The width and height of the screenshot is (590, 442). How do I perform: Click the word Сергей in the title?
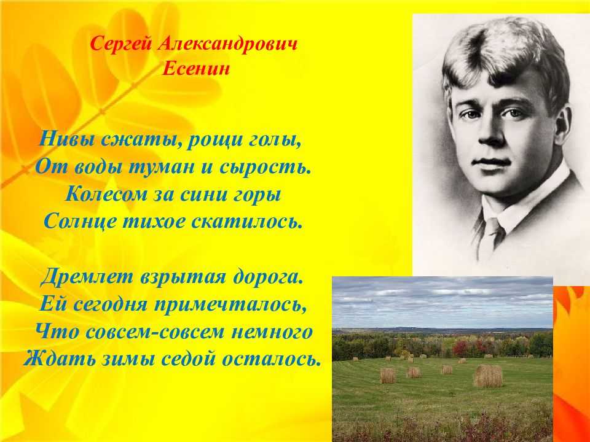point(121,45)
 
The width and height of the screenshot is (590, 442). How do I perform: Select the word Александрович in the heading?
point(227,44)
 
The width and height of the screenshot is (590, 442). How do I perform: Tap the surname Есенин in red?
point(195,69)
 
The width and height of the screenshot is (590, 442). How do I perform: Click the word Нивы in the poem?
point(67,140)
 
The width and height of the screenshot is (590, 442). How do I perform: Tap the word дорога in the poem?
point(267,277)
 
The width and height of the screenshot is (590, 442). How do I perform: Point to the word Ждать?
point(60,360)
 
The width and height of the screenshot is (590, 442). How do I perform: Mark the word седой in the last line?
point(188,359)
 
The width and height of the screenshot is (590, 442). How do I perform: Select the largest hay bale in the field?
point(487,376)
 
